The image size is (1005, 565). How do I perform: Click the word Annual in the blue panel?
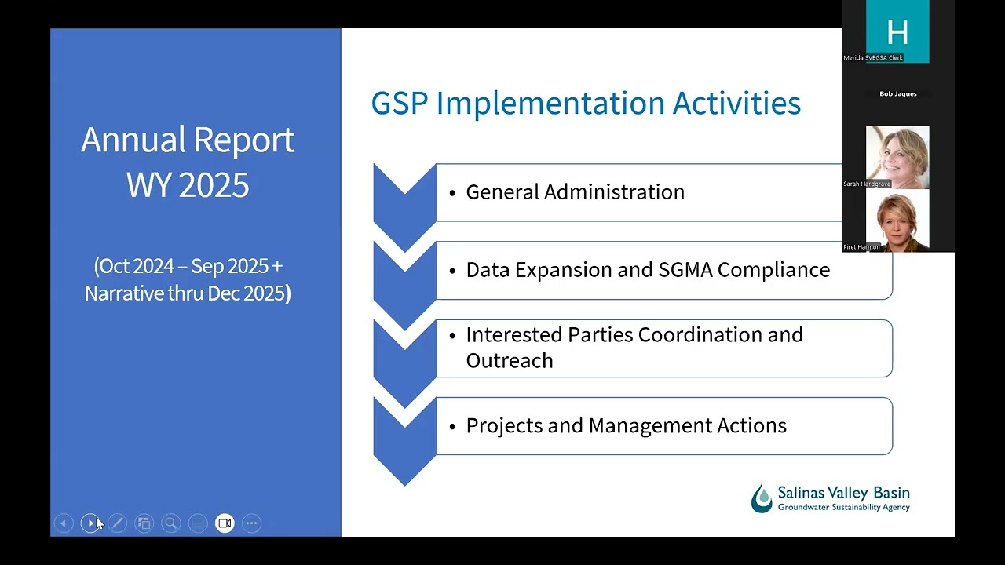click(x=133, y=140)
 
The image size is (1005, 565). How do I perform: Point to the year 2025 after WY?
click(x=214, y=184)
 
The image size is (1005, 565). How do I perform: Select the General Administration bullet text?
click(x=576, y=192)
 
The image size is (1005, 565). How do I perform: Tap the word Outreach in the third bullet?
click(x=510, y=360)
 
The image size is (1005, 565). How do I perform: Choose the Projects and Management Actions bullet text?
click(x=627, y=425)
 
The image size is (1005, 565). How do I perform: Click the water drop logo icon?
click(x=762, y=498)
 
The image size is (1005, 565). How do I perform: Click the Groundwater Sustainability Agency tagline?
click(x=843, y=507)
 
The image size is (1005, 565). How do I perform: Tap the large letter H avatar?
click(x=897, y=32)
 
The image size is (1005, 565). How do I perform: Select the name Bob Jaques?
click(x=897, y=93)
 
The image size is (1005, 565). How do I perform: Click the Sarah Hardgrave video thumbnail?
click(x=897, y=158)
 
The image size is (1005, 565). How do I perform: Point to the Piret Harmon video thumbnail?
click(x=897, y=221)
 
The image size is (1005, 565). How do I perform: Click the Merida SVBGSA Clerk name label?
click(x=873, y=58)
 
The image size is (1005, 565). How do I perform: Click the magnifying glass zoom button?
click(x=171, y=523)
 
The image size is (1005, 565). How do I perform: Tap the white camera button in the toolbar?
click(x=225, y=523)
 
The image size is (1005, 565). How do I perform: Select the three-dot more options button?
click(x=252, y=523)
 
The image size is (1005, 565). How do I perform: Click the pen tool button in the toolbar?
click(x=118, y=523)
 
